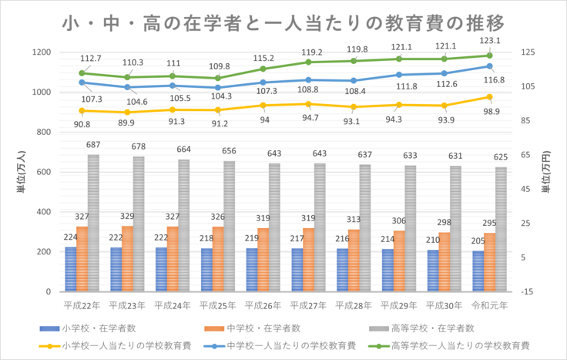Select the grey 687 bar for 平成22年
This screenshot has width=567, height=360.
94,224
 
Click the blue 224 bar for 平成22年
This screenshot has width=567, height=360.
71,269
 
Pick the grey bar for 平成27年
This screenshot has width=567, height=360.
320,227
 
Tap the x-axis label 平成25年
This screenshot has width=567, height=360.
217,305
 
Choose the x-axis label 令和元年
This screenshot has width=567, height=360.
489,305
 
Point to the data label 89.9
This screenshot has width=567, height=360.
127,123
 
